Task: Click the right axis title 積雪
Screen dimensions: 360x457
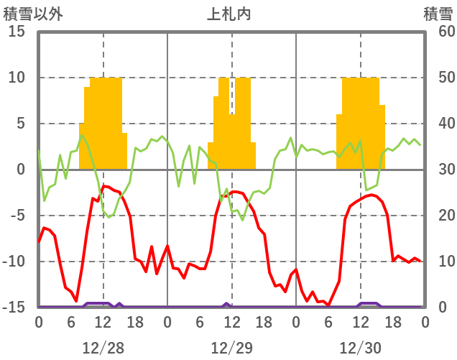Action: (438, 14)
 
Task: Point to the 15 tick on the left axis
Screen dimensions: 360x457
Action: (18, 32)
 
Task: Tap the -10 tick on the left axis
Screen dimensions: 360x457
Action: (15, 262)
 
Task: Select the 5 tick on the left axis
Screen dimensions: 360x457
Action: (22, 124)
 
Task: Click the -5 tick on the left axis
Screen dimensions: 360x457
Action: (18, 216)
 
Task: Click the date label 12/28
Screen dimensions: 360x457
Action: (103, 348)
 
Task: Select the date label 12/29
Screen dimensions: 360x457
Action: (231, 348)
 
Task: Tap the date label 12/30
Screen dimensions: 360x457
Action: (360, 348)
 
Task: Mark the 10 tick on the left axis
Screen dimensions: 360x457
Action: (18, 78)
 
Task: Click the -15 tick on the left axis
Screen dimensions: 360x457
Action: (15, 308)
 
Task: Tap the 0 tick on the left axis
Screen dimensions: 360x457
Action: (22, 170)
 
